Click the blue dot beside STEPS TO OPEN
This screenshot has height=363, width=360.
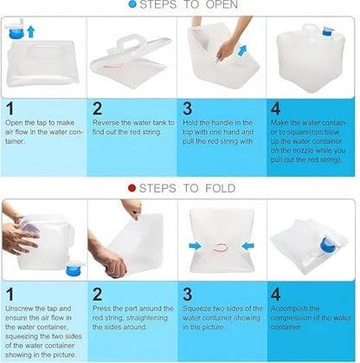pos(132,4)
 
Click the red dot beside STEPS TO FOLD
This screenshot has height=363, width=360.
pos(132,188)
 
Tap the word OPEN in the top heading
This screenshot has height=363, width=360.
pos(222,4)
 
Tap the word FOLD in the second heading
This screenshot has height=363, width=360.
pos(221,189)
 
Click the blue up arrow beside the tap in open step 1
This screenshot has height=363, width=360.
pos(31,31)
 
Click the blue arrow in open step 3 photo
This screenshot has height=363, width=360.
pos(242,49)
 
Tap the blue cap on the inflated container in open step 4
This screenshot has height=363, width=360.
pos(327,31)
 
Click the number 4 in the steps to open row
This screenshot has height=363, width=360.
pos(275,108)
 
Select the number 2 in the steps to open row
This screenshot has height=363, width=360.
pos(97,108)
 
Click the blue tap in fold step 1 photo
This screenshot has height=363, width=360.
pos(74,268)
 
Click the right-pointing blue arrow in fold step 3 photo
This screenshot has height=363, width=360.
pos(195,246)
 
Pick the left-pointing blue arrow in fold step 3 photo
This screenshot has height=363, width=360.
pos(248,246)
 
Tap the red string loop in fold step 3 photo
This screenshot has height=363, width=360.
pos(222,247)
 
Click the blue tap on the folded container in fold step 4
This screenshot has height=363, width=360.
pos(329,245)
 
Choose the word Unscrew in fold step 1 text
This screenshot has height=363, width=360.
pos(19,308)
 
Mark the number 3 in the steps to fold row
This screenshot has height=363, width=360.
pos(188,295)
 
